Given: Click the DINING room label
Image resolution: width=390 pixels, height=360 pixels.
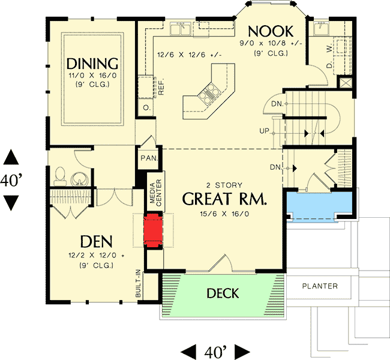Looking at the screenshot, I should click(91, 63).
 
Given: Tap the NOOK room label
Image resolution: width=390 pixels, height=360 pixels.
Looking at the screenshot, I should click(270, 31).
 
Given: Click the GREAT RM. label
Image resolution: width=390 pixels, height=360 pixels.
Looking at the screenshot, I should click(224, 199).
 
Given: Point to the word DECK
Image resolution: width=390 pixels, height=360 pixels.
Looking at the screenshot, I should click(223, 293).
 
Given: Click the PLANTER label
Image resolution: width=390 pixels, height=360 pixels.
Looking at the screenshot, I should click(319, 286).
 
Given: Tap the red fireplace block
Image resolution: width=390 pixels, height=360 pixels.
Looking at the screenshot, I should click(154, 229).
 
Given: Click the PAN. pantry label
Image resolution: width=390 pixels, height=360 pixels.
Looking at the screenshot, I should click(148, 158).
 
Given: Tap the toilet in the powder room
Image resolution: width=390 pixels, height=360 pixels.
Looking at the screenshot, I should click(59, 175).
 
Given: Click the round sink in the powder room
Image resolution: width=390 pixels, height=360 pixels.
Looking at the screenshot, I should click(78, 178).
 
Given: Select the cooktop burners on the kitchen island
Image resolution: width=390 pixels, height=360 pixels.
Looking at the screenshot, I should click(208, 93).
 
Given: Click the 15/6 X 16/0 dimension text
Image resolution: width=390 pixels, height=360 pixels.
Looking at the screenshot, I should click(224, 214).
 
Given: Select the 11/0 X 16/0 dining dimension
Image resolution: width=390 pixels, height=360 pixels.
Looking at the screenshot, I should click(91, 77).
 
